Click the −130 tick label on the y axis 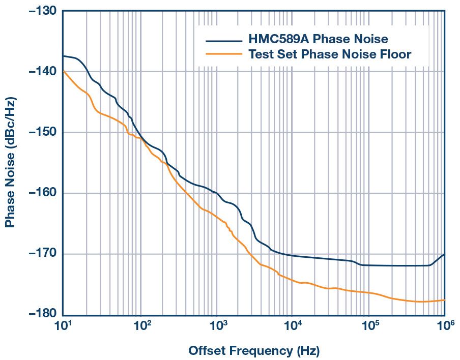click(x=40, y=11)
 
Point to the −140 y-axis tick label click(x=40, y=72)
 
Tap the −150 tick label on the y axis click(x=40, y=132)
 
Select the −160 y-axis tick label click(x=40, y=193)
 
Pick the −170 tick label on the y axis click(x=40, y=254)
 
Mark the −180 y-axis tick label click(x=40, y=315)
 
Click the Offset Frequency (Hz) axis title click(x=254, y=350)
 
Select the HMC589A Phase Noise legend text click(x=318, y=39)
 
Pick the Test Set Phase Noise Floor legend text click(x=330, y=54)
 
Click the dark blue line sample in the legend click(x=223, y=41)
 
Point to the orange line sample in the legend click(x=223, y=53)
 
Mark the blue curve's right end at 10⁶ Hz click(x=444, y=254)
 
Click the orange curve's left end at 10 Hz click(x=64, y=72)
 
